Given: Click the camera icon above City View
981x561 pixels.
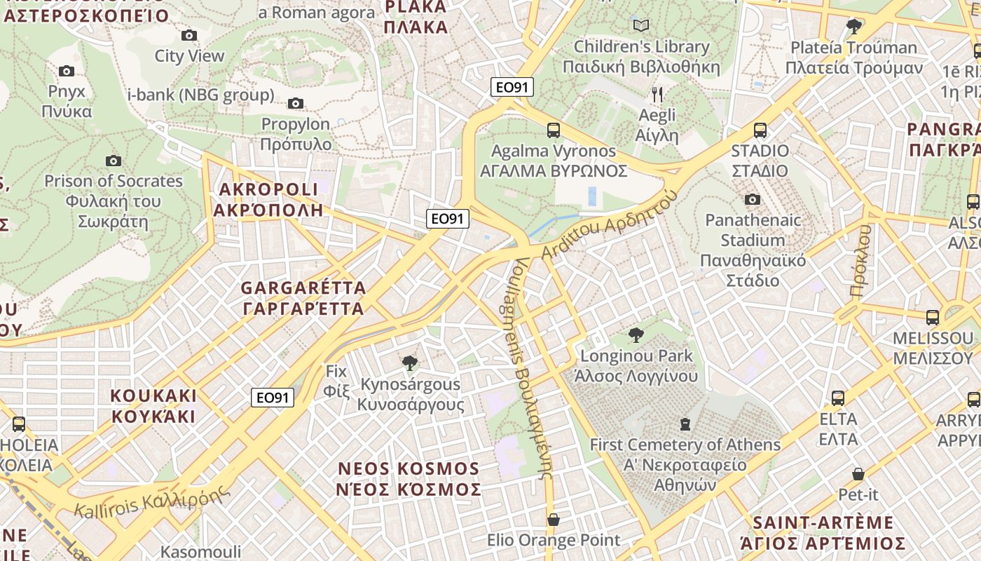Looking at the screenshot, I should [x=189, y=35].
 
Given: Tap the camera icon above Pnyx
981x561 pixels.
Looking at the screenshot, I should [x=67, y=71].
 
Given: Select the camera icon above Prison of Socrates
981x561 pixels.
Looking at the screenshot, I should [x=114, y=161].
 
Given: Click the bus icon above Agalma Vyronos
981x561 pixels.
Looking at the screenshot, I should [x=554, y=130].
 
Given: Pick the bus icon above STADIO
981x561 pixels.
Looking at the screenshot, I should [x=760, y=130].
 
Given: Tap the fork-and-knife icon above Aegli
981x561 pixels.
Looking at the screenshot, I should [x=657, y=94].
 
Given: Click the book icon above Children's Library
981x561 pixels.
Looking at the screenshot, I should [x=641, y=26].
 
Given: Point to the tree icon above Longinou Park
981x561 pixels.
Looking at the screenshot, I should [x=636, y=334].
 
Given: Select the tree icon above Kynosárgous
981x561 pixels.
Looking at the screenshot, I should [x=410, y=363].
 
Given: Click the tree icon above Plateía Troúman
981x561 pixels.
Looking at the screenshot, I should [x=853, y=27].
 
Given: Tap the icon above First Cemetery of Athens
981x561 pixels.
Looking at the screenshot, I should [x=685, y=424].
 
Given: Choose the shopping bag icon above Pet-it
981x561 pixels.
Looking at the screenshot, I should [x=858, y=474].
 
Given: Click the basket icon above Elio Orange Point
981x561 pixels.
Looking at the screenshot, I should [x=554, y=520].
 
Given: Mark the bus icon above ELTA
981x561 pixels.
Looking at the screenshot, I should [x=838, y=398].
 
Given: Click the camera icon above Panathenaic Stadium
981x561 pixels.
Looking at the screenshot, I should [x=753, y=200].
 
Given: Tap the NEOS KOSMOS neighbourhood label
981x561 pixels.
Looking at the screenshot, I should [x=409, y=478].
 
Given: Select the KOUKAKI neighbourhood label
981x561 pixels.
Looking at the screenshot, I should [x=153, y=405].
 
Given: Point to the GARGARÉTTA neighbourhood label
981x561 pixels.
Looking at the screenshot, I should [x=303, y=298].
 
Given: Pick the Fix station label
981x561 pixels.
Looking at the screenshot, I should [x=336, y=381].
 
